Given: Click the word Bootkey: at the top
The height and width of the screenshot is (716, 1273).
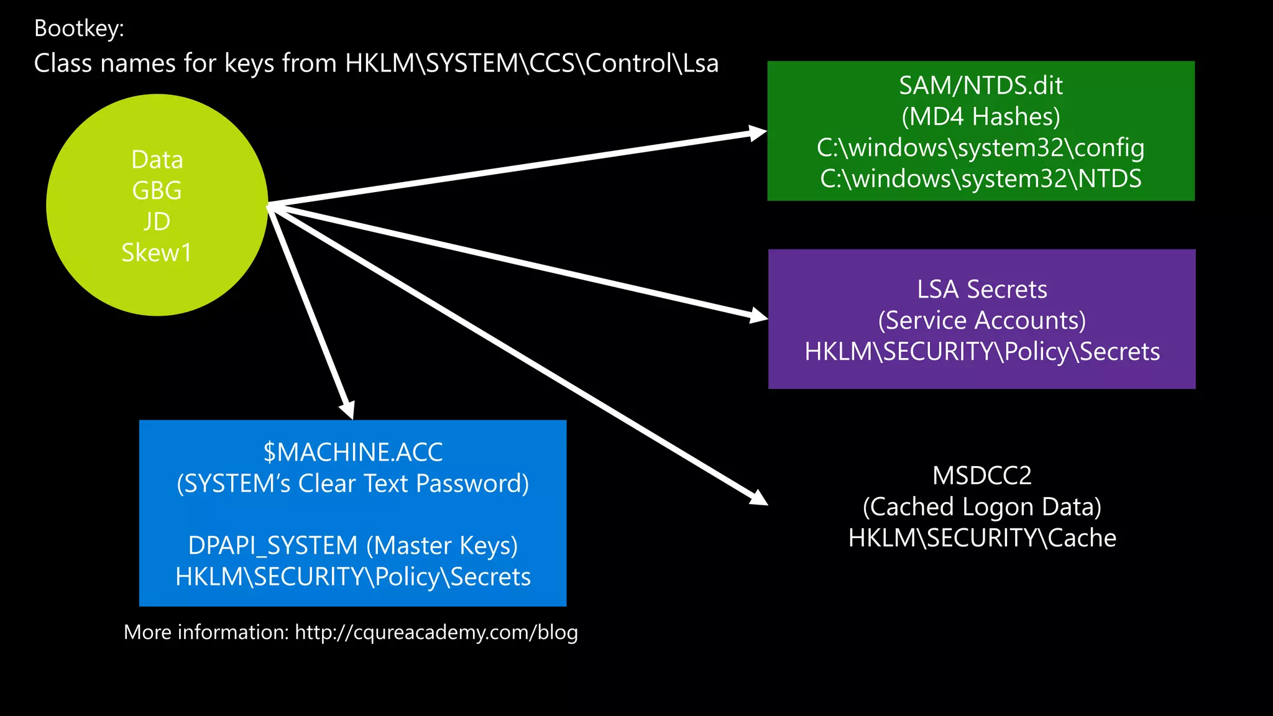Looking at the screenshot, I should coord(79,29).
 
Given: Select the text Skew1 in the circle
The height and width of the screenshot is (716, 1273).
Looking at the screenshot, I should coord(157,253).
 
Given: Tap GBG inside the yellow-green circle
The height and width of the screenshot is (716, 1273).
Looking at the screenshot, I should coord(157,191).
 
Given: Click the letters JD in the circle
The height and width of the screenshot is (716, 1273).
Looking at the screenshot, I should coord(157,222).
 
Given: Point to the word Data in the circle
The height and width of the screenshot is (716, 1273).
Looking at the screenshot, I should coord(157,160).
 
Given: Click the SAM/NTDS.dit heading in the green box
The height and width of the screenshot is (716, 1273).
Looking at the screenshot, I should coord(980,86).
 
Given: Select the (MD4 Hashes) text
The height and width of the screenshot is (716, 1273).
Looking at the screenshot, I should coord(980,117).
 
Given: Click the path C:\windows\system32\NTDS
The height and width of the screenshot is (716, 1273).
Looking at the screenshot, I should coord(980,179).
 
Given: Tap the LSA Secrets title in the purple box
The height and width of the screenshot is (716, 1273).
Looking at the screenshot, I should coord(981,290).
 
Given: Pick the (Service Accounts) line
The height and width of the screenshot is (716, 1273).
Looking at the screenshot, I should coord(981,321).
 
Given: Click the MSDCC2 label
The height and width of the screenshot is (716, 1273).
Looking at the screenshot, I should coord(981,476).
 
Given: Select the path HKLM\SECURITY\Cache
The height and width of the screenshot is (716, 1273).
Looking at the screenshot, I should coord(981,538).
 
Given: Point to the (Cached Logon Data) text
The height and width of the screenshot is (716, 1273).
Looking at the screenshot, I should coord(981,507).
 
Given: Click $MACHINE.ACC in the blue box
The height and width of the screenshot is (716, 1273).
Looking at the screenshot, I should coord(352,452).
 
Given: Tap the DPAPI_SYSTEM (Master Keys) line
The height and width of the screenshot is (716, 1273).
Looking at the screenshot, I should coord(352,546).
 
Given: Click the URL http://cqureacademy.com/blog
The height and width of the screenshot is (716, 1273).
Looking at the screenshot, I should coord(436,633).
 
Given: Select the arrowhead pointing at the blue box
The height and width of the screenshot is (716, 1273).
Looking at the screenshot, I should coord(347,410).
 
